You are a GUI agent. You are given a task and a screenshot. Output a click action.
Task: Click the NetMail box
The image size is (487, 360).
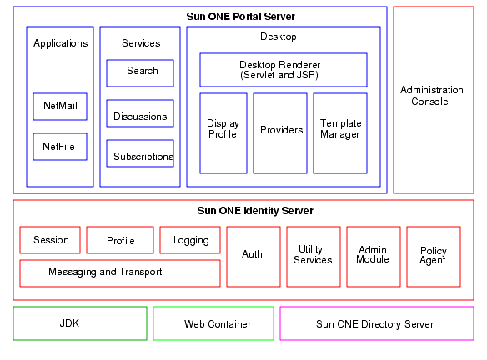click(x=59, y=107)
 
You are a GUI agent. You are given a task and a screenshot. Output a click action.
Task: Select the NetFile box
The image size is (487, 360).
click(x=59, y=147)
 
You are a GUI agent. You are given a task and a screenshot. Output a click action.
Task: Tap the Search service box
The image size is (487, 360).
click(x=140, y=72)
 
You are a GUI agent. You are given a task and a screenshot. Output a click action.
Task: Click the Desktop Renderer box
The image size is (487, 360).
click(x=283, y=70)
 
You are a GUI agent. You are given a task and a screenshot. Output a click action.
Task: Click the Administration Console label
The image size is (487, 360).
click(x=432, y=96)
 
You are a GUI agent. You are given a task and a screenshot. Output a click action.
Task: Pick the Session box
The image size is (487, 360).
click(x=50, y=240)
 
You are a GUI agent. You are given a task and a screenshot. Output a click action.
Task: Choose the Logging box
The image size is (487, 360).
click(x=190, y=240)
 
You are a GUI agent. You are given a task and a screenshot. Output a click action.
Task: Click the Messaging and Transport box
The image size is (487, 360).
click(x=119, y=272)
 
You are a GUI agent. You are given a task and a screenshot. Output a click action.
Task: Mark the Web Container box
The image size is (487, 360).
click(x=213, y=323)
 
